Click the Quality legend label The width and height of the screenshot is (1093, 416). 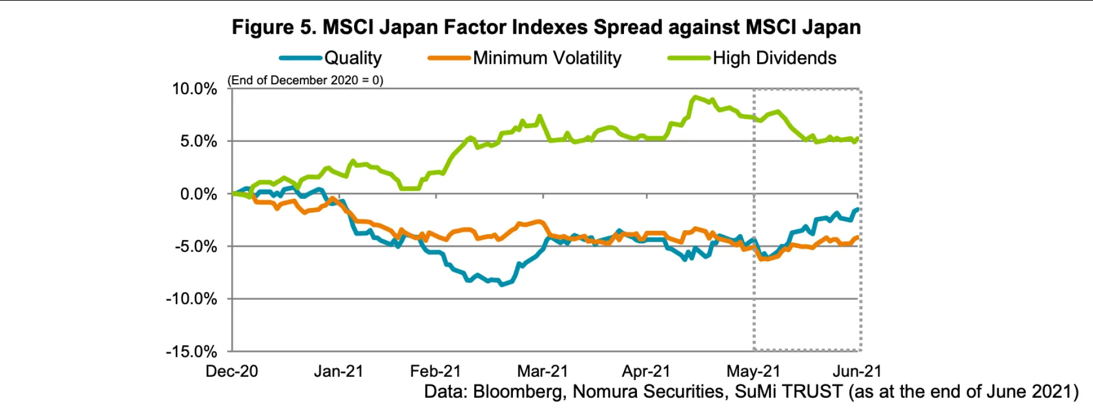click(353, 58)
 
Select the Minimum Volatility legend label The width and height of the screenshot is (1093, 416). click(547, 58)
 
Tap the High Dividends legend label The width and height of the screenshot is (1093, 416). click(774, 58)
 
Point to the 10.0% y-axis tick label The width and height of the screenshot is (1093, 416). click(195, 89)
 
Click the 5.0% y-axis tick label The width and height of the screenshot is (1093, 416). click(199, 141)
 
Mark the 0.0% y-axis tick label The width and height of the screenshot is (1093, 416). click(199, 194)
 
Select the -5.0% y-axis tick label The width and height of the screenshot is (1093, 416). click(196, 247)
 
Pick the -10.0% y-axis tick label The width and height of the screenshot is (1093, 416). click(192, 299)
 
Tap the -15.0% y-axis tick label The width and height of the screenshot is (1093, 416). click(192, 352)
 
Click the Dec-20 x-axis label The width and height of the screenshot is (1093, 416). click(232, 372)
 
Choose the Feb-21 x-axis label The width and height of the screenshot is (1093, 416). click(435, 372)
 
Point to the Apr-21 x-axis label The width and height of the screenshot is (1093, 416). click(646, 372)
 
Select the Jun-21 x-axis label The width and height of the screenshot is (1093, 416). click(857, 372)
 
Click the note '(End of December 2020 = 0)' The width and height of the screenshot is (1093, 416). click(306, 80)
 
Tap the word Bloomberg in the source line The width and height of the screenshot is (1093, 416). click(519, 392)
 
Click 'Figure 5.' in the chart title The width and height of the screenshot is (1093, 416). click(274, 27)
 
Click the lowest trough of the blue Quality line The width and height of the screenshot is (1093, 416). click(502, 284)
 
